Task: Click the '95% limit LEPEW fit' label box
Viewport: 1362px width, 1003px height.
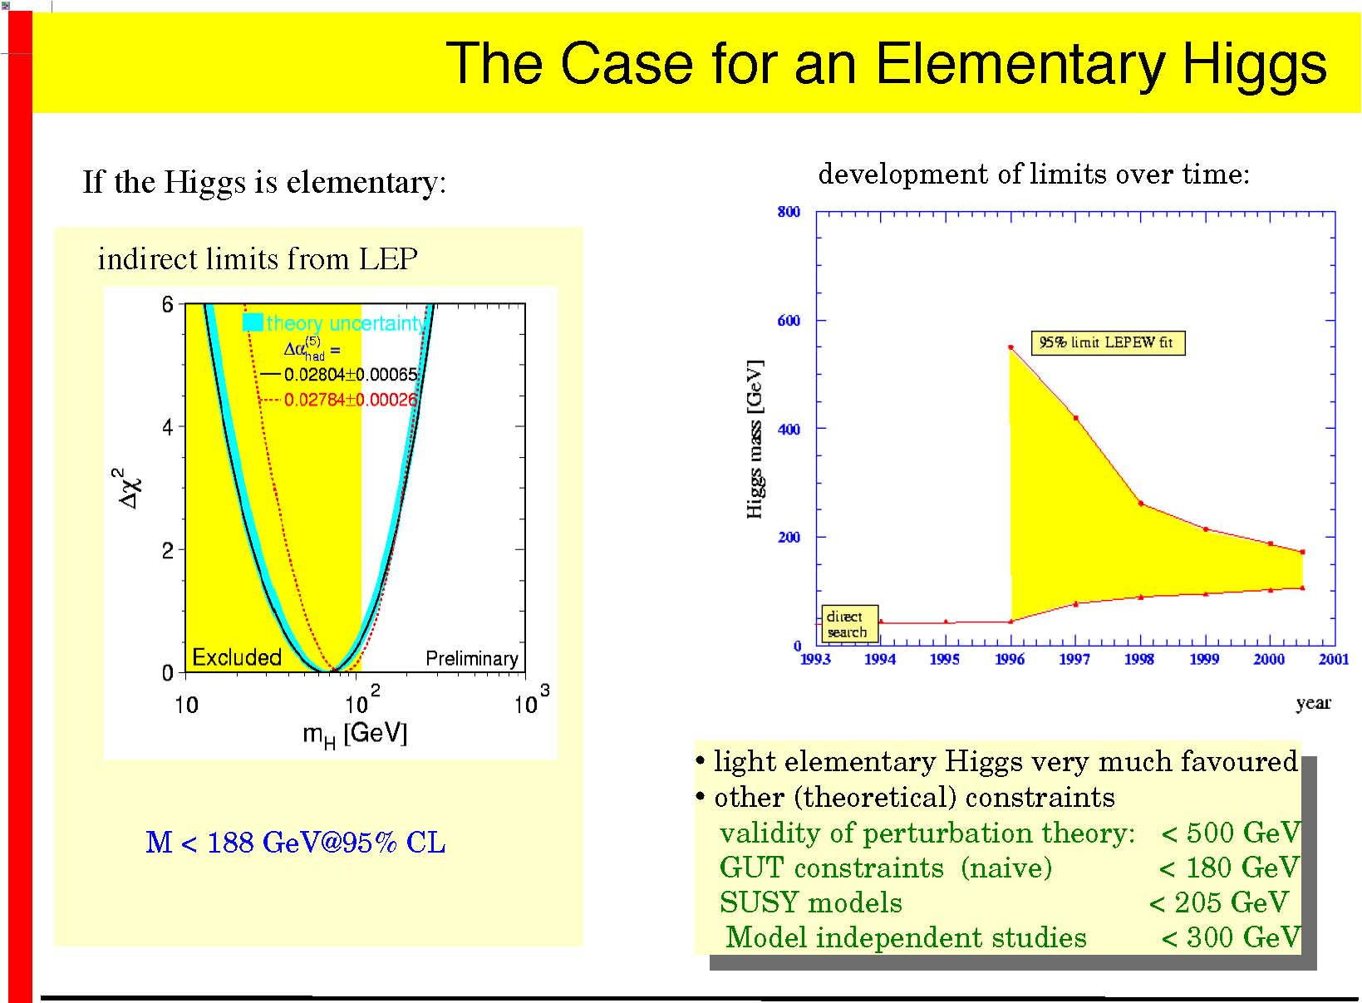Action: (x=1108, y=342)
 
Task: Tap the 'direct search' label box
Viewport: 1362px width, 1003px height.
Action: (x=849, y=624)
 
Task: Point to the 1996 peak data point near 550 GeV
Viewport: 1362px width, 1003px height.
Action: (x=1010, y=347)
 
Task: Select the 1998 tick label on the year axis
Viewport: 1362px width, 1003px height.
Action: (x=1138, y=659)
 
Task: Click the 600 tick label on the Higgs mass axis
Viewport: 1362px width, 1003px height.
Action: (x=789, y=321)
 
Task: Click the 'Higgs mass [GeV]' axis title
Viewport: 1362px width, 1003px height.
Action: (x=755, y=439)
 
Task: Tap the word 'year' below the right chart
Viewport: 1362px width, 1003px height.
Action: (x=1313, y=703)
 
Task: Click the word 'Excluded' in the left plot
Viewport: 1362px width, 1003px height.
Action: (x=237, y=657)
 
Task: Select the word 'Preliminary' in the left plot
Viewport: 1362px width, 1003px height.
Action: (x=472, y=658)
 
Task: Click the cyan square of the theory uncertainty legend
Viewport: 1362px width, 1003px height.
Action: (x=253, y=322)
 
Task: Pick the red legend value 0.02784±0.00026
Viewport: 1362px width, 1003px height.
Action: (x=351, y=400)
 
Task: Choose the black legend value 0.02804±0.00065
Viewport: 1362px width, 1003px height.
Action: (x=351, y=374)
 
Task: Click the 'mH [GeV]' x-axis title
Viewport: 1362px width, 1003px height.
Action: (x=355, y=735)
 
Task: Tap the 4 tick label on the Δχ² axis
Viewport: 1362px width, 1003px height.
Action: (x=168, y=427)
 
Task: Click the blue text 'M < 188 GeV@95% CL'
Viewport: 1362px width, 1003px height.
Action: (x=296, y=843)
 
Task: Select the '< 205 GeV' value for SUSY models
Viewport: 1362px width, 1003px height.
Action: (x=1218, y=902)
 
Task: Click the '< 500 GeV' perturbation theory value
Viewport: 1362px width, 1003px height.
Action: (x=1230, y=833)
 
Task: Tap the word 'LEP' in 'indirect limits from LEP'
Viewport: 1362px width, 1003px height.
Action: (x=388, y=259)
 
